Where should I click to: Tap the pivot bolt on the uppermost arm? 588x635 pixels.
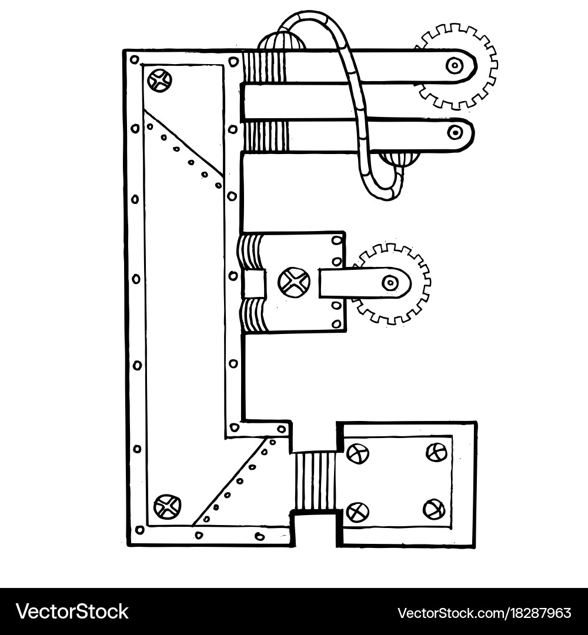click(454, 65)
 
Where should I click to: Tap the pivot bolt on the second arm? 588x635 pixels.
click(455, 132)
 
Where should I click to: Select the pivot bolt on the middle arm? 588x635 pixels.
click(390, 283)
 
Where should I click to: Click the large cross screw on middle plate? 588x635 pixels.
click(293, 282)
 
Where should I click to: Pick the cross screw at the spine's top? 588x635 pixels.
click(159, 80)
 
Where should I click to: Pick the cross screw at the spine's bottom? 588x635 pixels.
click(167, 506)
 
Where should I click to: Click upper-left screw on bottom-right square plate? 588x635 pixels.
click(357, 453)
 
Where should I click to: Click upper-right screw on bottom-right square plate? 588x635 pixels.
click(436, 452)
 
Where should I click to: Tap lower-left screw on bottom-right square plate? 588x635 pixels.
click(358, 512)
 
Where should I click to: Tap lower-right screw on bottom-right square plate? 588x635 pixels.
click(434, 509)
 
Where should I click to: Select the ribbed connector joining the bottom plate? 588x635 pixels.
click(315, 481)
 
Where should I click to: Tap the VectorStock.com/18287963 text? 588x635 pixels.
click(484, 613)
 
